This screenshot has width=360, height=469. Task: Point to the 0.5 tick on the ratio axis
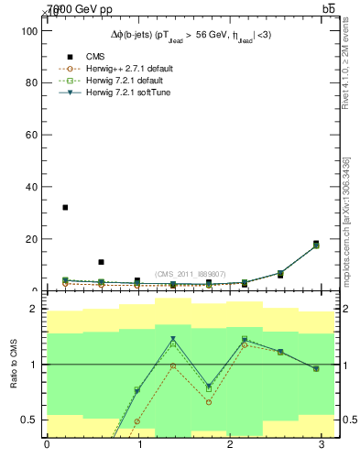tap(27, 420)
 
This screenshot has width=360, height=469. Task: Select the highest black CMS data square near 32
tap(65, 207)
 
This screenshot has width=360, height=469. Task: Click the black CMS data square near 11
tap(101, 262)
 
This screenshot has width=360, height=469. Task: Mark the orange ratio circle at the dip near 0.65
tap(209, 402)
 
